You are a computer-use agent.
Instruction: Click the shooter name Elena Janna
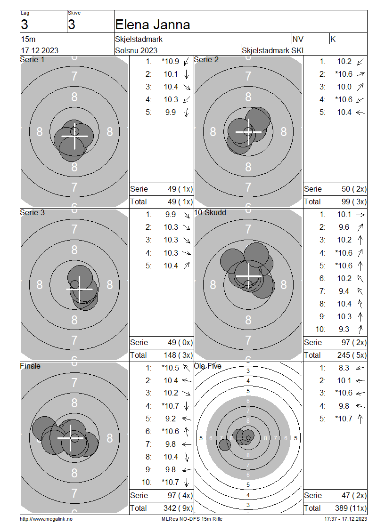pos(153,25)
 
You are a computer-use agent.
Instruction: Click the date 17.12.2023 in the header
pos(40,50)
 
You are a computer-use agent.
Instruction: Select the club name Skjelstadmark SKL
pos(273,50)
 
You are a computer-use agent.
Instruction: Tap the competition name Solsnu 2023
pos(136,50)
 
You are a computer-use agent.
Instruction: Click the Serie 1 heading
pos(32,60)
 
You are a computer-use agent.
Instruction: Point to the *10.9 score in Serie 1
pos(170,61)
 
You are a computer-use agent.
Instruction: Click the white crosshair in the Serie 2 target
pos(248,132)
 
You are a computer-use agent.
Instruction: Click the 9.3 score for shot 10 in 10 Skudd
pos(344,330)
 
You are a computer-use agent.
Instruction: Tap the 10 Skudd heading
pos(210,213)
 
